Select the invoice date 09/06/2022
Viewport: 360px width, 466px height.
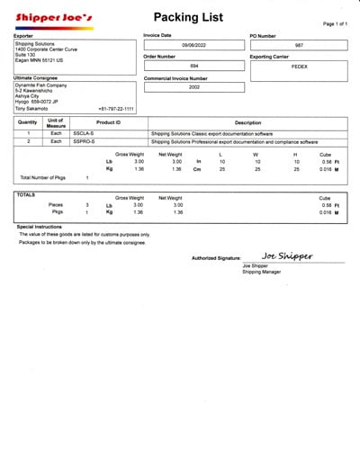click(193, 44)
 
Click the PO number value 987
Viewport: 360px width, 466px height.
click(300, 44)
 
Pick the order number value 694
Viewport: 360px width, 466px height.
click(193, 66)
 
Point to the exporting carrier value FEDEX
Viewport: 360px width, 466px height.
click(300, 66)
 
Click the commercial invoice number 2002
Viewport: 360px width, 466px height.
click(193, 87)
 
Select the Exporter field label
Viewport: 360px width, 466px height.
click(24, 35)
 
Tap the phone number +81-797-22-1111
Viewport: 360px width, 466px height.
click(116, 109)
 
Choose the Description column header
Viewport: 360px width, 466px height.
click(247, 122)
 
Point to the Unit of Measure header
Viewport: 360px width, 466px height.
click(56, 122)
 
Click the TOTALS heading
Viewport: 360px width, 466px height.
click(27, 194)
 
